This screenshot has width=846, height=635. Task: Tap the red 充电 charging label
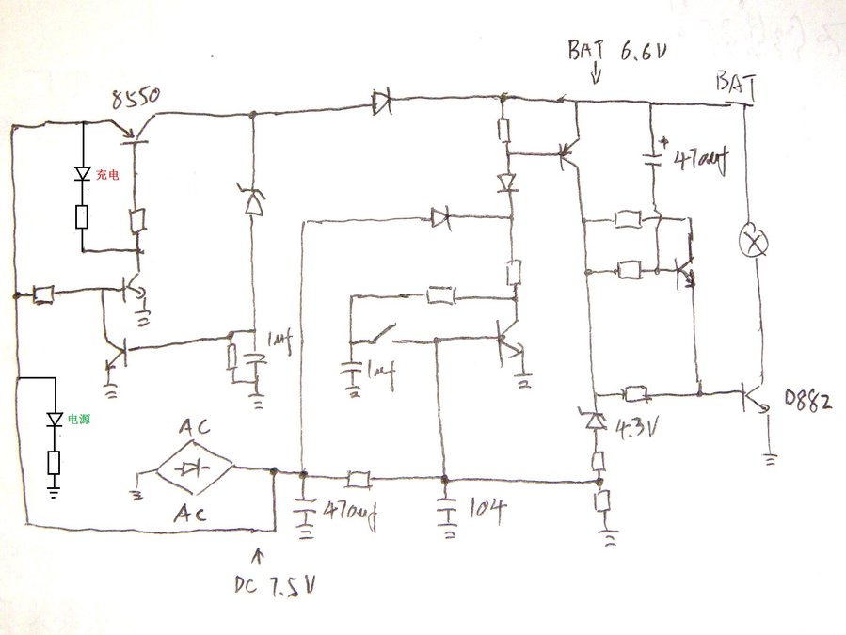tap(106, 175)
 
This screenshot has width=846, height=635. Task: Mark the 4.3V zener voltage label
tap(638, 428)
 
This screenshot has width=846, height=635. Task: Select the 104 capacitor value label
tap(486, 511)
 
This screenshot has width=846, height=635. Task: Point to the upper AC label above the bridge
tap(196, 426)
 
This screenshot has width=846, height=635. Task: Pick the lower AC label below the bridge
tap(195, 513)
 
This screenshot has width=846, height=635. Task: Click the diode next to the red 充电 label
tap(82, 175)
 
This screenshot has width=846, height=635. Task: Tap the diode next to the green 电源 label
tap(54, 421)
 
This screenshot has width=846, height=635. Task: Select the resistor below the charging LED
tap(82, 218)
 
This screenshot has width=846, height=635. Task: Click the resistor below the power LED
tap(54, 463)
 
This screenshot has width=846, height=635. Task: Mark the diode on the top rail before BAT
tap(382, 101)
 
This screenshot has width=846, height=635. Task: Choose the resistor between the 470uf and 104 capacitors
tap(358, 479)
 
